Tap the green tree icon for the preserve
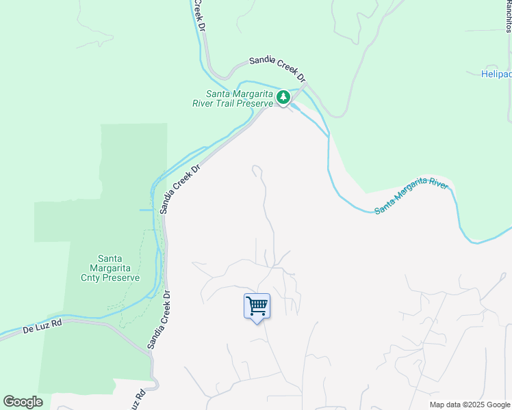pos(283,98)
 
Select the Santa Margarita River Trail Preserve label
pos(240,98)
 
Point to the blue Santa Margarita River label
pos(411,196)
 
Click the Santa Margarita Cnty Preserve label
pos(119,268)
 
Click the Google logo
pos(23,402)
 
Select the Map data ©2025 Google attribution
pos(470,405)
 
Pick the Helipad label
pos(496,74)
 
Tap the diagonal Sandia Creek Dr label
pos(180,189)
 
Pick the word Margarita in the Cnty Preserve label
pos(119,268)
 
